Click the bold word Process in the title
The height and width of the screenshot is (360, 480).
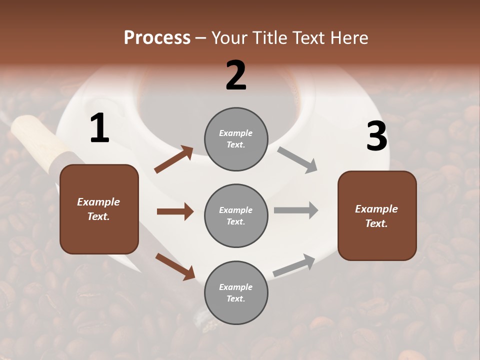(157, 38)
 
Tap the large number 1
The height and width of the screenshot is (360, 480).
(99, 128)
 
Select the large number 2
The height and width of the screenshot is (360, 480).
(236, 75)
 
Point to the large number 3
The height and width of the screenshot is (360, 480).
(376, 136)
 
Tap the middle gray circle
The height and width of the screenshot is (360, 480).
(236, 215)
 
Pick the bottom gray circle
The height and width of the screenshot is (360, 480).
(236, 292)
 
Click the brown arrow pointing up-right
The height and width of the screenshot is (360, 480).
(174, 159)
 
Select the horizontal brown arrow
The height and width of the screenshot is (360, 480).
(175, 211)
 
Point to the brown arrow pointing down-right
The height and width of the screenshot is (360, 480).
(175, 266)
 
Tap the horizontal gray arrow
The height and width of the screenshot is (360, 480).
(296, 210)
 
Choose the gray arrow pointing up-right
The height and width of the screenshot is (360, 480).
(294, 265)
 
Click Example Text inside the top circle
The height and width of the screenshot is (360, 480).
(236, 139)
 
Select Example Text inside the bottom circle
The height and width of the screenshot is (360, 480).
(236, 293)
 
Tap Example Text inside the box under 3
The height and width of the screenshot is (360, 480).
(376, 216)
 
